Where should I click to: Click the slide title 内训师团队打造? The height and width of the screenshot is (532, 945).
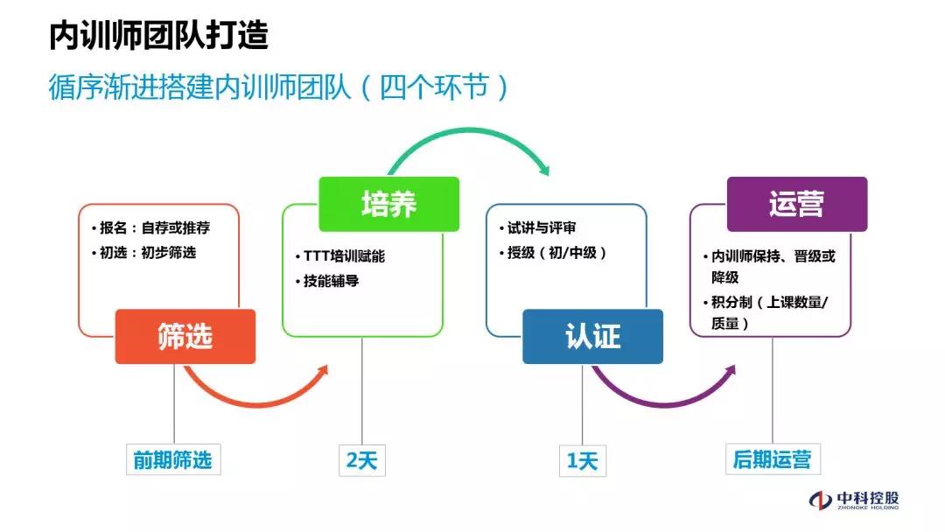[158, 35]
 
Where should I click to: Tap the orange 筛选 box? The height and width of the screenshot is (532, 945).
[185, 336]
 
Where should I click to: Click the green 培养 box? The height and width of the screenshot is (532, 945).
[388, 204]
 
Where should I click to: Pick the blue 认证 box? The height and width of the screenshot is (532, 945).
[592, 336]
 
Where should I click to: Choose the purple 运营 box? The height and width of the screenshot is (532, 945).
[796, 204]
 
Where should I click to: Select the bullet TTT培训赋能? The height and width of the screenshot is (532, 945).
[343, 256]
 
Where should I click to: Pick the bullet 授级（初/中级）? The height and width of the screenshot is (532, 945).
[556, 253]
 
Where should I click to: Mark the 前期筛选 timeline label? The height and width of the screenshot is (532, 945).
[172, 459]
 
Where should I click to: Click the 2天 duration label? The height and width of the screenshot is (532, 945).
[361, 459]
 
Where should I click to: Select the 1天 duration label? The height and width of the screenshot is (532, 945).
[582, 459]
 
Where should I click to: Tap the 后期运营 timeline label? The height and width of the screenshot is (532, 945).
[772, 459]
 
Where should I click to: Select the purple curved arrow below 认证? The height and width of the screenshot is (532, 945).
[665, 398]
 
